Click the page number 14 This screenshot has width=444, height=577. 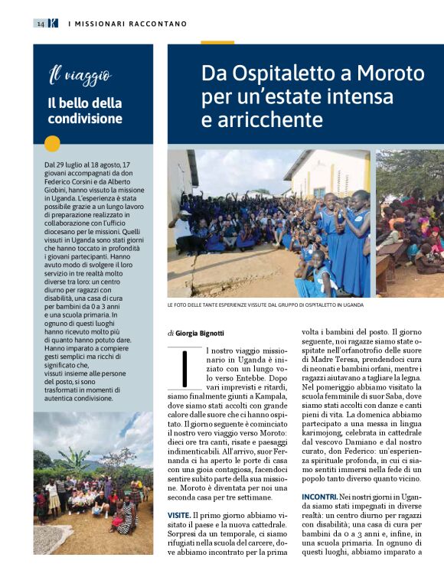tap(39, 24)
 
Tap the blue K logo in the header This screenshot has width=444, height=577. tap(52, 24)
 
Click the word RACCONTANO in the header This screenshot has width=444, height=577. tap(153, 24)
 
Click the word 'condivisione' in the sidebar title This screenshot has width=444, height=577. tap(84, 119)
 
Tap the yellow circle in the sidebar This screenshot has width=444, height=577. tap(52, 143)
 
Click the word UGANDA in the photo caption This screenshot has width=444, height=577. tap(348, 305)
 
